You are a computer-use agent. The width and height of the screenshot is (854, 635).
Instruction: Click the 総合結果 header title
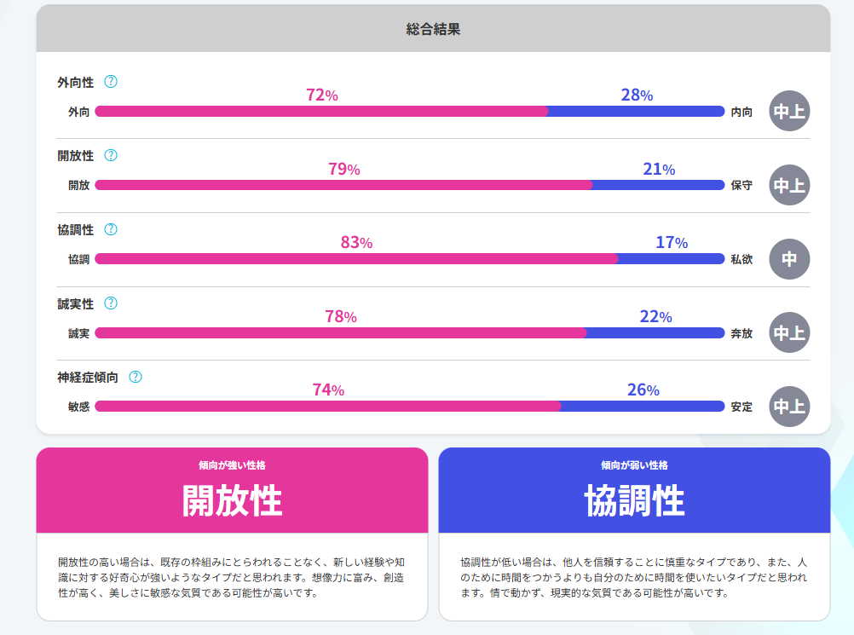tap(433, 29)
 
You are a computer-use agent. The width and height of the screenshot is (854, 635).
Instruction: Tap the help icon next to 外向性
tap(110, 82)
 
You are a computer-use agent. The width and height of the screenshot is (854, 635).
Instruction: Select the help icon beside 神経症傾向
tap(135, 377)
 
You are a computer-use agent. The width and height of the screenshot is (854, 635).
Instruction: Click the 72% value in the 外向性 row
tap(322, 95)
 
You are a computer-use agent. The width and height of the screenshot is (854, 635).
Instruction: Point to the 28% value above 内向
tap(637, 95)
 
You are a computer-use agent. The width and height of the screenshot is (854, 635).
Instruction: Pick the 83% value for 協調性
tap(356, 242)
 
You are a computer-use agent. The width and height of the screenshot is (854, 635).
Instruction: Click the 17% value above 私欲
tap(672, 242)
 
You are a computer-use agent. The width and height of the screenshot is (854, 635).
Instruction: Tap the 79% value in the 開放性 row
tap(343, 169)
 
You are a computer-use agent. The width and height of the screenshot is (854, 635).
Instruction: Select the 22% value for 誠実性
tap(655, 316)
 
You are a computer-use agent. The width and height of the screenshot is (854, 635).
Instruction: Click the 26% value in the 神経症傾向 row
tap(643, 390)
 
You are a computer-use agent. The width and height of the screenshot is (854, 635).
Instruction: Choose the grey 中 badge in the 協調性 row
tap(789, 258)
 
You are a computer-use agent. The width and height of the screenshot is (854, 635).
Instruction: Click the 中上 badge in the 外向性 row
tap(789, 111)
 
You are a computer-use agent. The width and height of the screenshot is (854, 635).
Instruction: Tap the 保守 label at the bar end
tap(741, 185)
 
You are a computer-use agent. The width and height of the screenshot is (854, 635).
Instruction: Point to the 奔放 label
tap(741, 332)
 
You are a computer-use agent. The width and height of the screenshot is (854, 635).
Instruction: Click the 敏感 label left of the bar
tap(78, 407)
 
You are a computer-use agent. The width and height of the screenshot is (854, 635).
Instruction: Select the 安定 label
tap(741, 407)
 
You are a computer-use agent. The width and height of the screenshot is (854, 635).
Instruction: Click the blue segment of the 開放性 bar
tap(657, 185)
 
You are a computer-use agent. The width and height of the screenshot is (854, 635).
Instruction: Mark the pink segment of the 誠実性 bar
tap(341, 332)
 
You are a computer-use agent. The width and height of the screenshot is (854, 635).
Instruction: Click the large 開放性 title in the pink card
tap(232, 501)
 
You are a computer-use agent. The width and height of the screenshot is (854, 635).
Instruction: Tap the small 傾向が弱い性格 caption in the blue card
tap(634, 465)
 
